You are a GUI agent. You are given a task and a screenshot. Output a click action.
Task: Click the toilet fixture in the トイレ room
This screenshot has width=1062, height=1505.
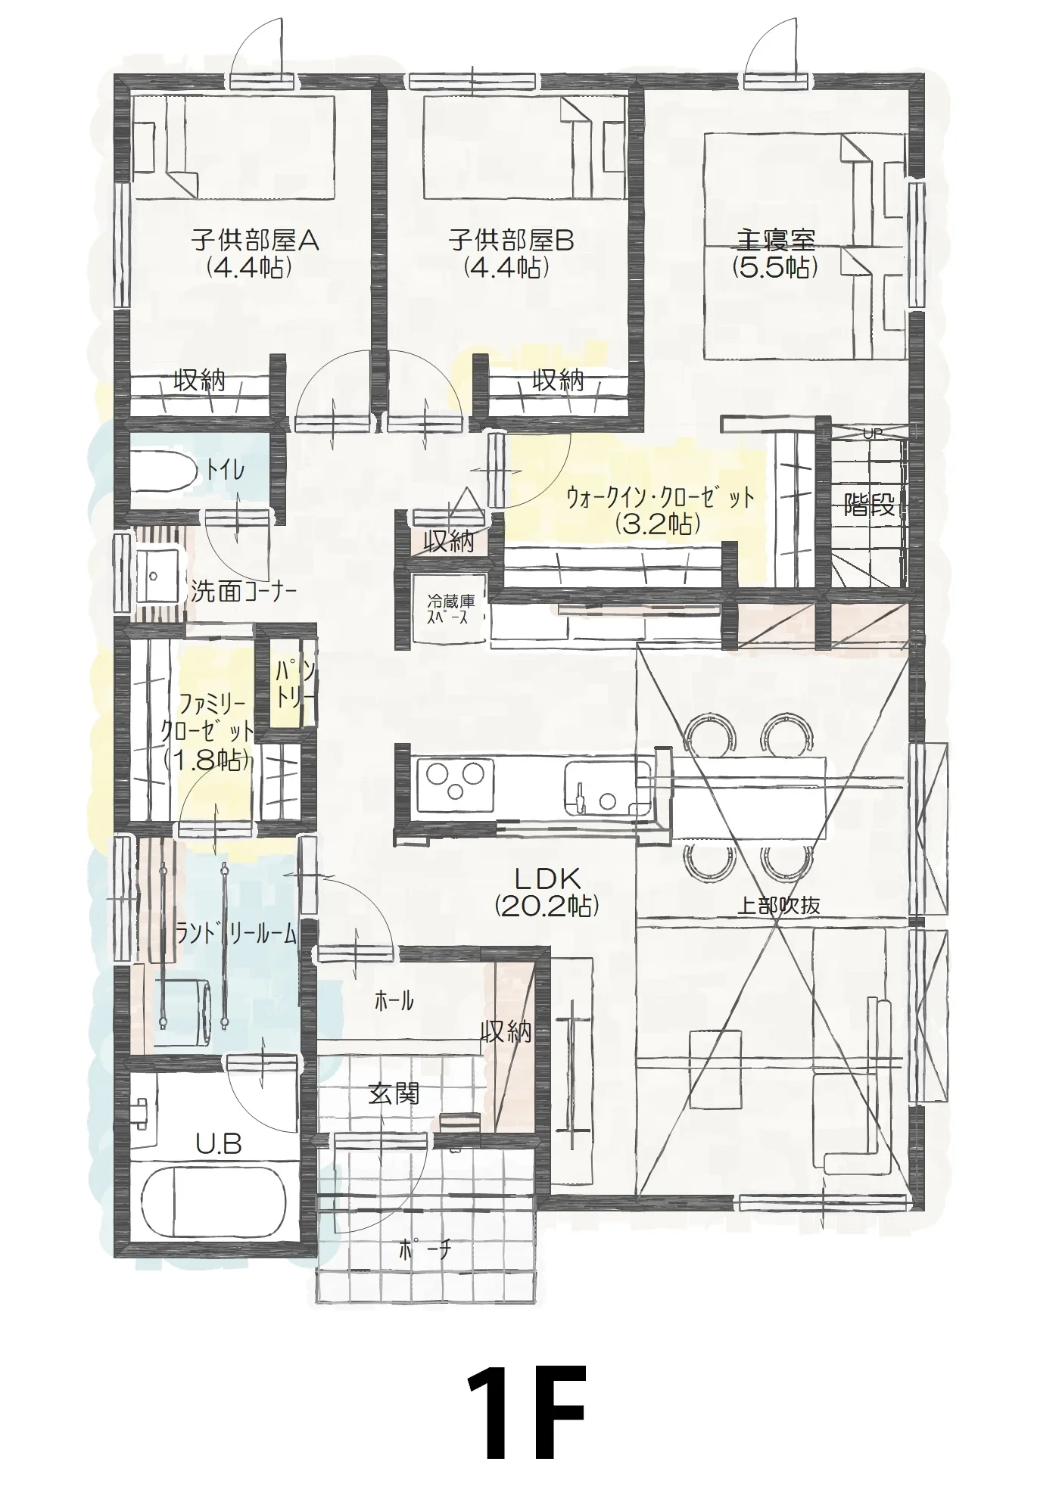(163, 471)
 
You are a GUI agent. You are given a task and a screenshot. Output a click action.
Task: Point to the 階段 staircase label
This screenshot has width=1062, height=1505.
(869, 505)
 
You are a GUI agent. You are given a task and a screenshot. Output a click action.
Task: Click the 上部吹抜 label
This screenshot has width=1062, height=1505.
(779, 905)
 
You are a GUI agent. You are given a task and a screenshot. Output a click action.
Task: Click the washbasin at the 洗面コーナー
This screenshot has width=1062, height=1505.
(157, 575)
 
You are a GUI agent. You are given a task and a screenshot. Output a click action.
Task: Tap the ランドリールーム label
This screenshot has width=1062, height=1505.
(235, 934)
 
